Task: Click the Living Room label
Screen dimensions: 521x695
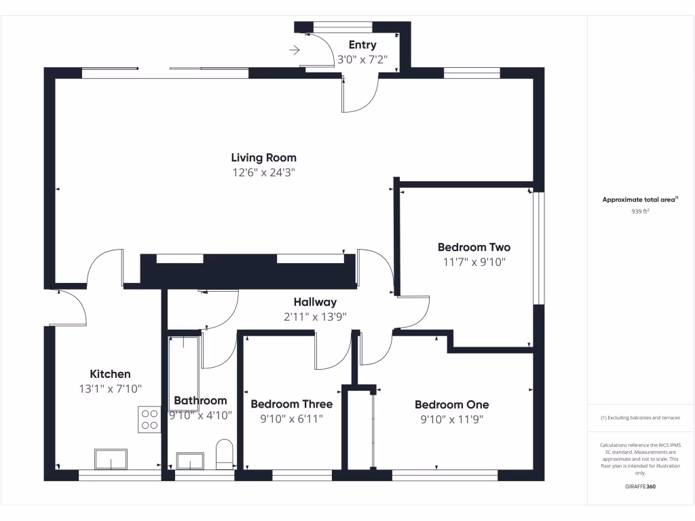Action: pos(263,158)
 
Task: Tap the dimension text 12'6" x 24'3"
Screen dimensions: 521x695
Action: pos(263,173)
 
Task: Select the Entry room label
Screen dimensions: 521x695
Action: pos(362,45)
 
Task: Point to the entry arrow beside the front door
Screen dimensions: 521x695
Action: pos(295,50)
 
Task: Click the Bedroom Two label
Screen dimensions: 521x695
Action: pos(474,248)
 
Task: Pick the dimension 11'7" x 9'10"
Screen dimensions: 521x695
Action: pos(474,262)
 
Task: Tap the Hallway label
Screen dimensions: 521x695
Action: pos(315,302)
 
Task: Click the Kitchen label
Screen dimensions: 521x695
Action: pos(110,374)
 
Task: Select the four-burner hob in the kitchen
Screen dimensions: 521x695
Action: pos(150,419)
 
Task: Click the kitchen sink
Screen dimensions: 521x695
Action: pos(111,459)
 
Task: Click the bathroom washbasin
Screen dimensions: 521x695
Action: pos(190,461)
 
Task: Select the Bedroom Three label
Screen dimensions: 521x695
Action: pos(292,404)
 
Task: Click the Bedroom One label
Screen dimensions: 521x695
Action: pos(451,404)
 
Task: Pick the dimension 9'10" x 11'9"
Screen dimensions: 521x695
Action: pos(451,419)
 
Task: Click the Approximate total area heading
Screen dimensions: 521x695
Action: pos(640,199)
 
